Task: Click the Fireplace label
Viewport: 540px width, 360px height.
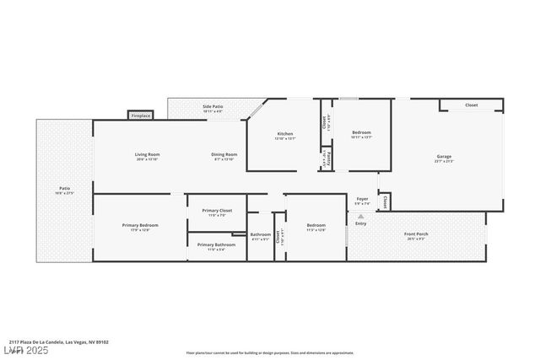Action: pos(141,116)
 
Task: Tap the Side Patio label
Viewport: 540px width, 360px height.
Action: pos(213,107)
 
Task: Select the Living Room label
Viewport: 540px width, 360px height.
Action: pos(148,154)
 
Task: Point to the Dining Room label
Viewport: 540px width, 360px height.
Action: pos(224,154)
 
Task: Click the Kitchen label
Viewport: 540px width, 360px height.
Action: pos(285,134)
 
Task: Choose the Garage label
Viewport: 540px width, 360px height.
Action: pos(444,156)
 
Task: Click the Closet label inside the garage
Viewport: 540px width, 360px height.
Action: pos(471,105)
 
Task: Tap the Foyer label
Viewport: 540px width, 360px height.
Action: pos(362,199)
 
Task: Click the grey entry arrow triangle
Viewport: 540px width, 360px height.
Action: pos(361,216)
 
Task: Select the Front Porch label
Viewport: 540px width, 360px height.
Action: pos(416,234)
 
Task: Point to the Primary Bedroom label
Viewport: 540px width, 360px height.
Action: pos(140,225)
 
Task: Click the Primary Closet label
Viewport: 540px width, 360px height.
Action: pos(217,210)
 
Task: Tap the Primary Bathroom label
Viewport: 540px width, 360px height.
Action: pos(217,244)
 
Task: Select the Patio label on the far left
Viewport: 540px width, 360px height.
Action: pos(64,188)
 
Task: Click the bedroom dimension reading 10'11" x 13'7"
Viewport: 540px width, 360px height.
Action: pos(361,137)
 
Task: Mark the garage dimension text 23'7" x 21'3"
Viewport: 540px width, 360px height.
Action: pos(444,161)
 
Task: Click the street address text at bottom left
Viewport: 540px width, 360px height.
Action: pos(59,342)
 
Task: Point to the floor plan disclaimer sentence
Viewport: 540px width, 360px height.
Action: pos(270,353)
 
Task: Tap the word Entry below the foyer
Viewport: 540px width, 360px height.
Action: pos(361,223)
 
